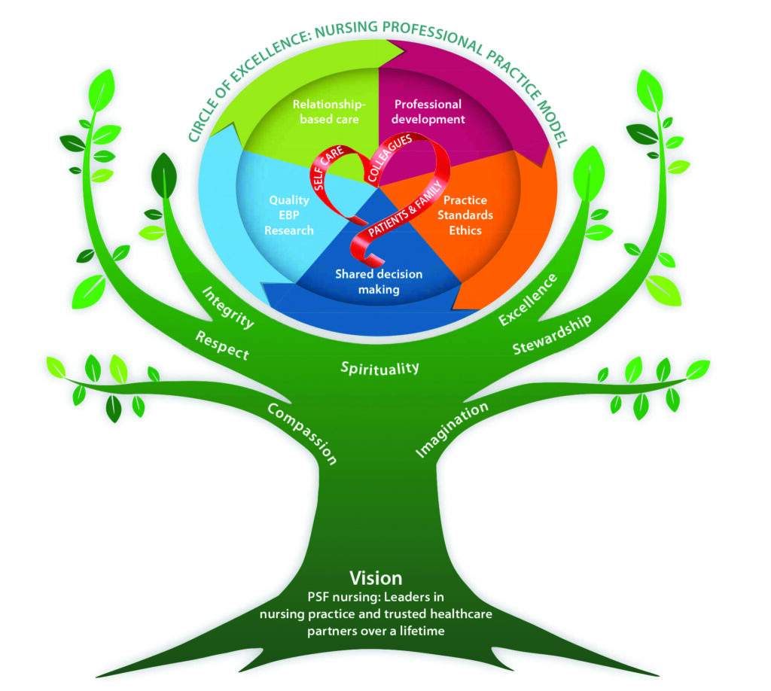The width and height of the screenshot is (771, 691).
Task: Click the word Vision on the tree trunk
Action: [x=375, y=578]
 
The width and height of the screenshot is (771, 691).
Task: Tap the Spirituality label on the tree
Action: [x=379, y=368]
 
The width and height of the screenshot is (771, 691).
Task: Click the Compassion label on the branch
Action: [x=301, y=433]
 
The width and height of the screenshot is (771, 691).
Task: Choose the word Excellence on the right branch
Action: [x=527, y=299]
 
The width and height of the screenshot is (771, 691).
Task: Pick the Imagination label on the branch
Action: [x=453, y=428]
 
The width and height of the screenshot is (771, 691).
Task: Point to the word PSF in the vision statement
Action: [x=320, y=598]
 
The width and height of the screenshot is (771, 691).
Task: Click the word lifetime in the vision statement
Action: [x=420, y=631]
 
